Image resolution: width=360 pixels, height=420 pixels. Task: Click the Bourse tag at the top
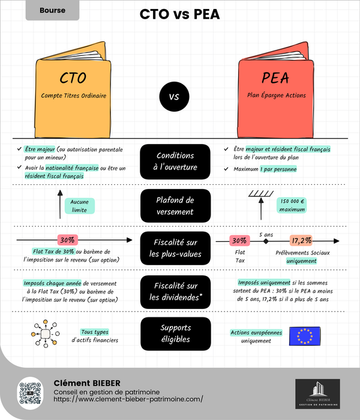coord(52,10)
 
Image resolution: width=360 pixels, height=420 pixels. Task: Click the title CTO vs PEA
coord(179,14)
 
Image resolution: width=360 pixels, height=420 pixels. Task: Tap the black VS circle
coord(174,96)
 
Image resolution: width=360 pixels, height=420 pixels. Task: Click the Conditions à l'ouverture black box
coord(176,161)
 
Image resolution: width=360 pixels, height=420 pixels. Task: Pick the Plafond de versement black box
coord(176,205)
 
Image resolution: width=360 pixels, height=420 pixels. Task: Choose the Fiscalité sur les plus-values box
coord(176,248)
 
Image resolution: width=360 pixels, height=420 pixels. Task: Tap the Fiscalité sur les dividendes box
coord(176,292)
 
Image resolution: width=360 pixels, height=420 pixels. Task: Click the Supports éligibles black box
coord(176,333)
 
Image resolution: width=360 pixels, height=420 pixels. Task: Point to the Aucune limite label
coord(79,206)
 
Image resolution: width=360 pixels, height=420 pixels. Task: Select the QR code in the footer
coord(32,395)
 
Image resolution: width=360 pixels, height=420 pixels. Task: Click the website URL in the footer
coord(128,398)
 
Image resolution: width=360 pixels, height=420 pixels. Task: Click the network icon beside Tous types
coord(44,334)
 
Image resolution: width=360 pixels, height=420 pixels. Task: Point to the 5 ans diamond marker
coord(265,241)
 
